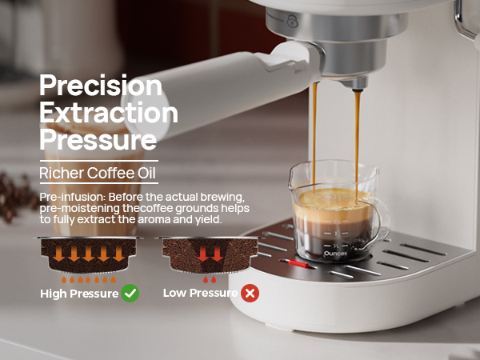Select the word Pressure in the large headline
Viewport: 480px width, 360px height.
coord(98,140)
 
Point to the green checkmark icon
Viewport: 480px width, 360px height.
coord(130,294)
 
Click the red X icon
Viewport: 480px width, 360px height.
coord(250,294)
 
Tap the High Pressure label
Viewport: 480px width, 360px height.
coord(78,294)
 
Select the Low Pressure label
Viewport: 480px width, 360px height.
coord(199,294)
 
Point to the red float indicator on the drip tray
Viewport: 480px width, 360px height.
coord(298,262)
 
